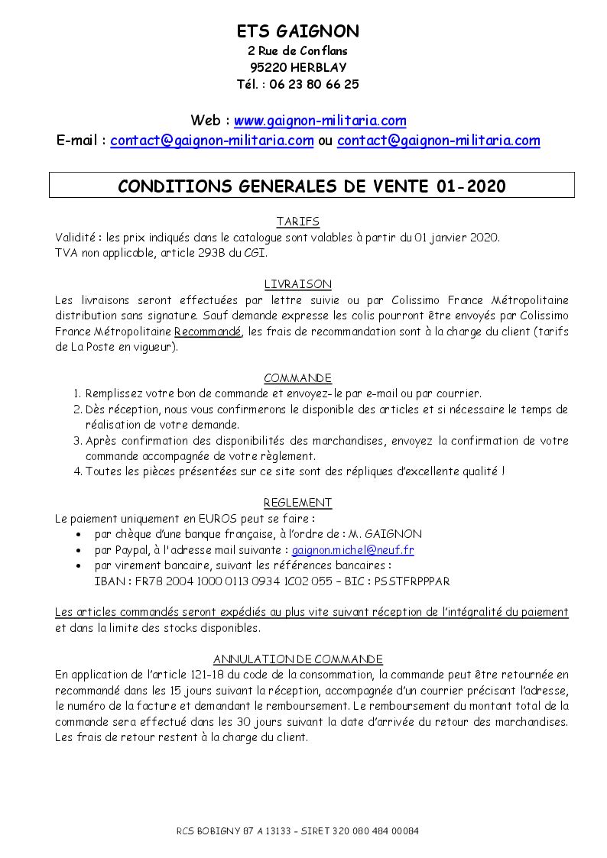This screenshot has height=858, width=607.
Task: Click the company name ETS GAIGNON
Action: pos(297,31)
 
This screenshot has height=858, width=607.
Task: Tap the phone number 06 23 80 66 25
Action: pos(314,84)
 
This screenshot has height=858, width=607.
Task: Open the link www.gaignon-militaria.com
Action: pos(320,121)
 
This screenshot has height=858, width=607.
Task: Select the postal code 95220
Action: pos(266,67)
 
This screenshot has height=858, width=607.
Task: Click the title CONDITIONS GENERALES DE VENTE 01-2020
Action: pos(311,186)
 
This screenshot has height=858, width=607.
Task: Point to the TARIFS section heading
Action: pos(297,222)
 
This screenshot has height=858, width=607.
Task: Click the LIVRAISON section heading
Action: pos(297,284)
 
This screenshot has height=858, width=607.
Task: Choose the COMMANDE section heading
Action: pos(297,378)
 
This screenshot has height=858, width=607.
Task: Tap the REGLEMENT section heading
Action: pos(297,503)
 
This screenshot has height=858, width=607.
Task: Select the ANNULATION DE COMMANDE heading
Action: pos(297,659)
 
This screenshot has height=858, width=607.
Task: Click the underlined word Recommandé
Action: pos(208,331)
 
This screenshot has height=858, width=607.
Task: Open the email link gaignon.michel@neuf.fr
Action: pos(353,550)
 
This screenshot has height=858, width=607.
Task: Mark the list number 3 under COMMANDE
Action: pos(77,441)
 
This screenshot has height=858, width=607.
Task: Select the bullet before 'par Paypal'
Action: pos(80,551)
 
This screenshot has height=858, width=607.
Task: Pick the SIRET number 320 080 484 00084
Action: pos(376,831)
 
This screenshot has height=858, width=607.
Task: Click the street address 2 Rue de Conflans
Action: pos(297,50)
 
